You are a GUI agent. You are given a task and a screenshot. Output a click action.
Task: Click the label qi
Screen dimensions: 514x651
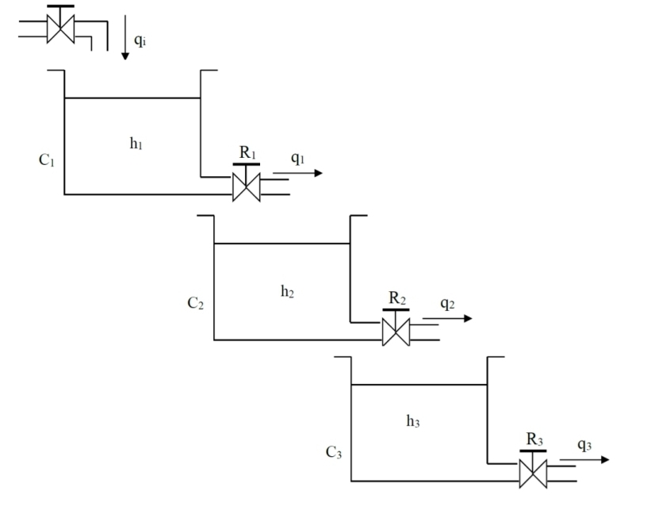140,40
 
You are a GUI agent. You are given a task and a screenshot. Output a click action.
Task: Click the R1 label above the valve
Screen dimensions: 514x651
248,152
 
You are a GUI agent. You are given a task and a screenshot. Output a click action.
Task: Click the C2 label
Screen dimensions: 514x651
196,303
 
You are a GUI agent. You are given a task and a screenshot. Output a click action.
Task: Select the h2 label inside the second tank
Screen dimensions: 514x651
287,291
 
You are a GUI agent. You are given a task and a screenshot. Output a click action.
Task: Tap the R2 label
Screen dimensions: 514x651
397,298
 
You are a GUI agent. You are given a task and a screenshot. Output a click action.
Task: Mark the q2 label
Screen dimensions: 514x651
447,304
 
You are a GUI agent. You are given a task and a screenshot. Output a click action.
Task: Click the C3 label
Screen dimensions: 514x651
334,453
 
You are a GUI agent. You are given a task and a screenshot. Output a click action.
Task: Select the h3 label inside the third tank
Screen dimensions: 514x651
413,421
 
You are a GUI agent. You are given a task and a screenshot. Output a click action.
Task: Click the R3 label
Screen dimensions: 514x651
534,439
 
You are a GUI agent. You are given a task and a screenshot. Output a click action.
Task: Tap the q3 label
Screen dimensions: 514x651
584,445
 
